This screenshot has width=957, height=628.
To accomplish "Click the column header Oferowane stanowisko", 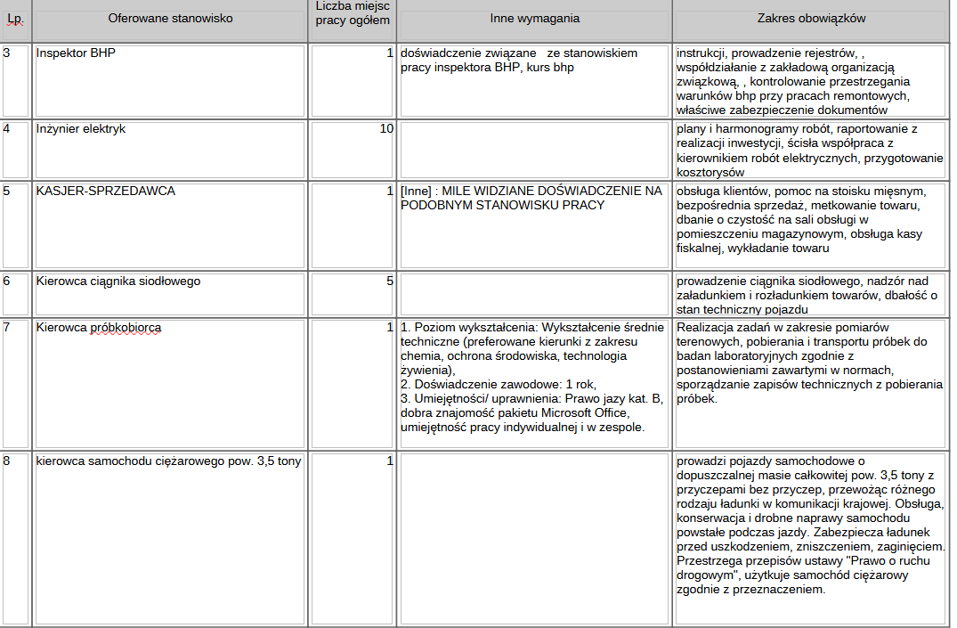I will (169, 19).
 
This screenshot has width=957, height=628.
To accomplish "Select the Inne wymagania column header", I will (534, 19).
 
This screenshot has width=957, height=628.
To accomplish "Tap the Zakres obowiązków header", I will (811, 19).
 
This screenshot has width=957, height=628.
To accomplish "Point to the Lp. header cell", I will (15, 19).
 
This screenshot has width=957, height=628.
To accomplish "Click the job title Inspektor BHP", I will (76, 53).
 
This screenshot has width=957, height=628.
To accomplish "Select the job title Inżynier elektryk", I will (81, 129).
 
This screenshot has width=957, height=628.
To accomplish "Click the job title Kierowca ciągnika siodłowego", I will (118, 281).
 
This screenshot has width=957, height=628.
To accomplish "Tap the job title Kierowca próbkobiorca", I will (99, 328).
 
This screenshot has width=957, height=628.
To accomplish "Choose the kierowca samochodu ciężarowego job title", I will (168, 461).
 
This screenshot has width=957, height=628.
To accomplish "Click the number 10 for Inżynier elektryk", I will (386, 129).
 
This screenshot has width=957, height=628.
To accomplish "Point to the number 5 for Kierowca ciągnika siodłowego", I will (389, 281).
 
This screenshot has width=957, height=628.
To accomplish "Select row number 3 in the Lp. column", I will (8, 53).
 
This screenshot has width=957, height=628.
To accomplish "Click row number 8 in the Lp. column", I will (8, 461).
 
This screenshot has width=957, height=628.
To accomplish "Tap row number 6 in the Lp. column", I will (8, 281).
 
